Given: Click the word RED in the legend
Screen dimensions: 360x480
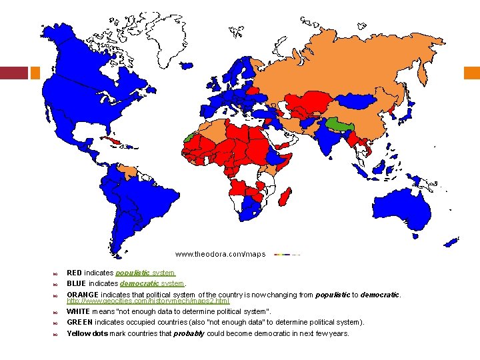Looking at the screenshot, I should click(x=75, y=273).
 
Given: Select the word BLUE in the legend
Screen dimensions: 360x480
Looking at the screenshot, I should click(x=77, y=283).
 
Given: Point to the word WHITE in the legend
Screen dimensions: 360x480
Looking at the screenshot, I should click(x=79, y=311).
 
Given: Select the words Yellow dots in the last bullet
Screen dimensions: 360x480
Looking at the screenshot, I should click(x=87, y=333).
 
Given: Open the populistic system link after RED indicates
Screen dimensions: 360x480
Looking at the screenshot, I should click(x=145, y=273).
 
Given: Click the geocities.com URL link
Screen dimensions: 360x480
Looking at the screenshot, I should click(x=148, y=301).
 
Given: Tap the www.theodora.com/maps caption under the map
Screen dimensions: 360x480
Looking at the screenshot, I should click(x=220, y=254).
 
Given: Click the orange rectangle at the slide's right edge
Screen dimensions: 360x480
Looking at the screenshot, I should click(x=471, y=72).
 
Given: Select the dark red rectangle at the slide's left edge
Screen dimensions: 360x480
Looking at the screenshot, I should click(x=13, y=72).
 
